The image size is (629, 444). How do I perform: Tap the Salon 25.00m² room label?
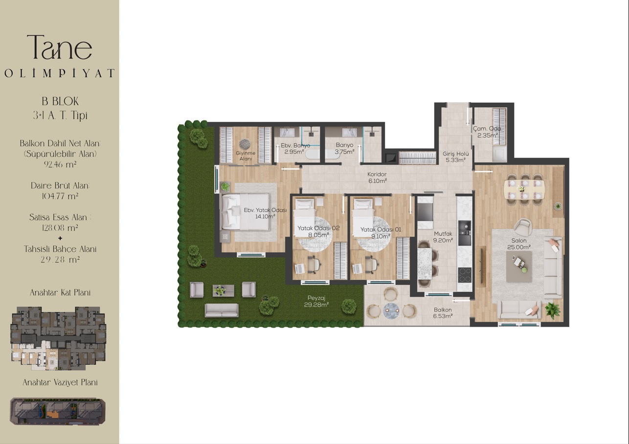coord(518,244)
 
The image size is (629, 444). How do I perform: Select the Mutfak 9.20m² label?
coord(443,237)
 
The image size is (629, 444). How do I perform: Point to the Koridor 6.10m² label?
coord(377,178)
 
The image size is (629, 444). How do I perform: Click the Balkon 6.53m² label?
coord(443,313)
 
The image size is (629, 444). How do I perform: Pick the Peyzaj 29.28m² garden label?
coord(316,301)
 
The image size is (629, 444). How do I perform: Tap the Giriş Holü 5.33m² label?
coord(455,157)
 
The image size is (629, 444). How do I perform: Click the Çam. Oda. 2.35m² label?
coord(488,132)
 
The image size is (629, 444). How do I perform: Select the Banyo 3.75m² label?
coord(344,149)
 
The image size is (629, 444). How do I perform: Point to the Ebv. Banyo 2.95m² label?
coord(295,149)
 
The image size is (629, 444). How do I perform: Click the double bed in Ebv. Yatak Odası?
coord(246,212)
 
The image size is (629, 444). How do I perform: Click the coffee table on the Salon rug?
coord(519,266)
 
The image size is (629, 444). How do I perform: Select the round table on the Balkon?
coord(391,311)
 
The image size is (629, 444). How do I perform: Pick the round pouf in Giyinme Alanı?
coord(245,144)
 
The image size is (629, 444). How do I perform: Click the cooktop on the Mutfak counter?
coord(465,275)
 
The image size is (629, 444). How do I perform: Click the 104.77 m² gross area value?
coord(60,196)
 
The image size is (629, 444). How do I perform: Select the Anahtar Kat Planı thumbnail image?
coord(58,338)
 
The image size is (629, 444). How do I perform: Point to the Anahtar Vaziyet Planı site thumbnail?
coord(58,411)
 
